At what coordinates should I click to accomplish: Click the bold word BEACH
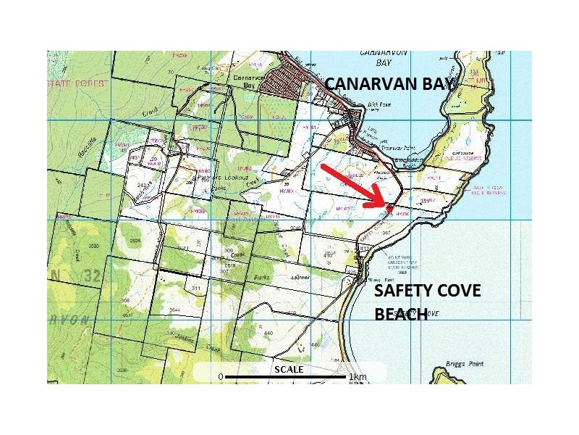click(x=399, y=315)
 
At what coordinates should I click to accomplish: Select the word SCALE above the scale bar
click(x=288, y=368)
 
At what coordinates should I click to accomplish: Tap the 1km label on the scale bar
click(x=358, y=377)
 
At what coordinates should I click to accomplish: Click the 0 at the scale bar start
click(x=220, y=377)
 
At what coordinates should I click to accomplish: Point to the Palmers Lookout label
click(x=224, y=178)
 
